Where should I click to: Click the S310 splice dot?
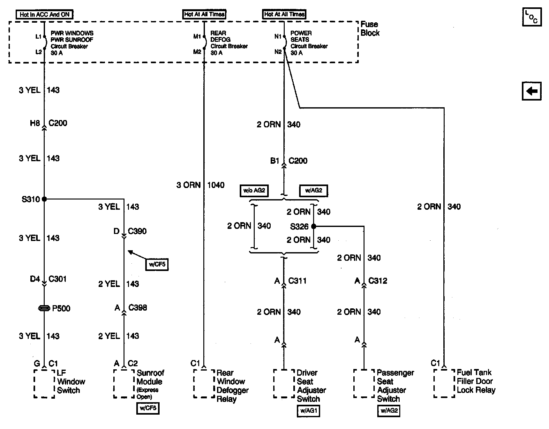(44, 199)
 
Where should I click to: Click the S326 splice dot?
(314, 226)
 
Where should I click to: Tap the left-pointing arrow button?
(531, 91)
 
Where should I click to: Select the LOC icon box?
(531, 17)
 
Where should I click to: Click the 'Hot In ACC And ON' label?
(44, 14)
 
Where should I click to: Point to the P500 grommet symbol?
(44, 308)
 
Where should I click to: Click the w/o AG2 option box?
(254, 191)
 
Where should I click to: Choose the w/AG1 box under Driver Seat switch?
(308, 410)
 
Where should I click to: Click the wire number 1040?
(216, 185)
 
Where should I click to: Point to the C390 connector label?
(137, 231)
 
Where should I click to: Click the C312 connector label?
(378, 281)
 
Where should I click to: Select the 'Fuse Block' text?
(370, 28)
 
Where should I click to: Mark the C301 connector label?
(57, 279)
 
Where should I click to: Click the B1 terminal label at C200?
(274, 161)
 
